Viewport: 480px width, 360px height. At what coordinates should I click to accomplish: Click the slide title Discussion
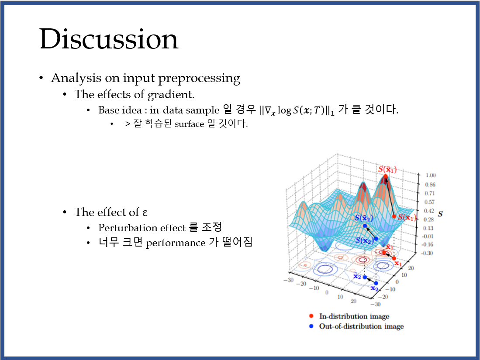[x=109, y=39]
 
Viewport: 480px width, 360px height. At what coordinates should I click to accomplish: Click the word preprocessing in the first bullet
[x=199, y=78]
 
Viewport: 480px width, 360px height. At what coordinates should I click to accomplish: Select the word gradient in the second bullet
[x=171, y=95]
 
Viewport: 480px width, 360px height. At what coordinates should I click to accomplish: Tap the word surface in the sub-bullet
[x=189, y=124]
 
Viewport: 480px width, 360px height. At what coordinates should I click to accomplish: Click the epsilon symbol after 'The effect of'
[x=145, y=212]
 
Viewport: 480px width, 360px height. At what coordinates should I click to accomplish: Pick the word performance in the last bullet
[x=176, y=243]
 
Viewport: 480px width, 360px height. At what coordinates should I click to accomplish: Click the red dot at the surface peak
[x=385, y=176]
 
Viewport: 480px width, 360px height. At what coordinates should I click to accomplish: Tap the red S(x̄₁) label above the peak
[x=387, y=169]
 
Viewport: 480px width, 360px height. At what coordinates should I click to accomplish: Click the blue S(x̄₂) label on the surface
[x=364, y=218]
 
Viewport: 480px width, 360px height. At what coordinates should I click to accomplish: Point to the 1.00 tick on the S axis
[x=430, y=175]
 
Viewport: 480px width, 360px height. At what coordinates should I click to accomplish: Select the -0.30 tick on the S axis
[x=427, y=253]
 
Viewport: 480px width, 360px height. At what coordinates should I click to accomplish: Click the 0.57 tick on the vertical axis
[x=429, y=202]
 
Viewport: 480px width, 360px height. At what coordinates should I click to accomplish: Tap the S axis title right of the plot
[x=440, y=214]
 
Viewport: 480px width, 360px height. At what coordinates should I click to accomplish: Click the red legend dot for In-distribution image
[x=311, y=316]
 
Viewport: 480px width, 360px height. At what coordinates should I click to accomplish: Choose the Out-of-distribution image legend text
[x=361, y=326]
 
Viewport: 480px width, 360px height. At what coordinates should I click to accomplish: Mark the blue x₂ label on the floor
[x=374, y=288]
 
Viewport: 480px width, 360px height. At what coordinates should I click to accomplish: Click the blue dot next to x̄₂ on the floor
[x=365, y=278]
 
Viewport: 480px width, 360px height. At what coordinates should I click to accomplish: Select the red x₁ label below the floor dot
[x=397, y=264]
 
